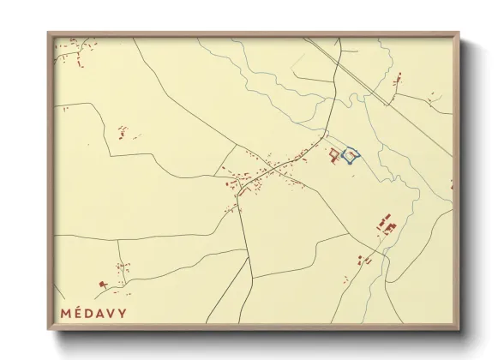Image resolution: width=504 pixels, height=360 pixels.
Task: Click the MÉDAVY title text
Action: click(93, 313)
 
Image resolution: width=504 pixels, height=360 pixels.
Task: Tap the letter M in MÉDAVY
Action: click(66, 313)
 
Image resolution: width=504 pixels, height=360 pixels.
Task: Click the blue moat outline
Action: click(351, 155)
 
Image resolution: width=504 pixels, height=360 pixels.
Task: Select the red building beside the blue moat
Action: click(333, 153)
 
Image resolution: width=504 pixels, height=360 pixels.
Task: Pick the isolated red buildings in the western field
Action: click(123, 133)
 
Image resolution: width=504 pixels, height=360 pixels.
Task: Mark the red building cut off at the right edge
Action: click(452, 184)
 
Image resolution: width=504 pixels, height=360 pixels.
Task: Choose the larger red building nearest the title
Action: click(104, 284)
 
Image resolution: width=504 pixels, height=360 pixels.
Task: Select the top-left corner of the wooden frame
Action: click(48, 33)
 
